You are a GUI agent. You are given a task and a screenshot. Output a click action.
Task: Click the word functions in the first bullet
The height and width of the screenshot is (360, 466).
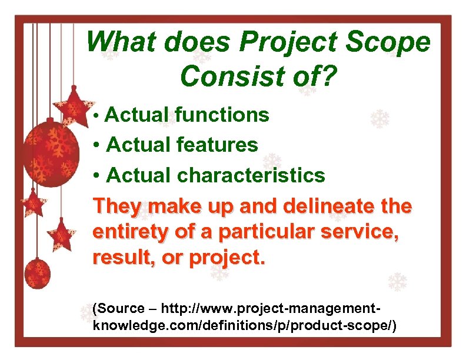pos(222,115)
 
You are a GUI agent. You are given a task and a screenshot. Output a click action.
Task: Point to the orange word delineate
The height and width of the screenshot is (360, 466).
pos(322,207)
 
